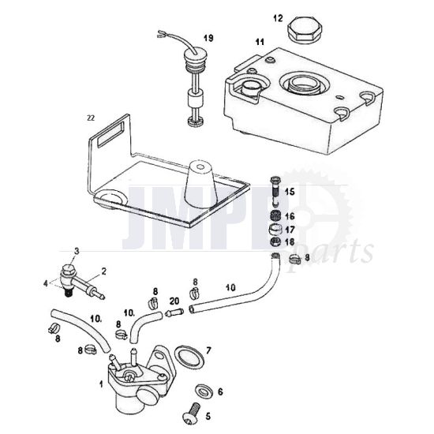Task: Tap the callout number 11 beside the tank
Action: [x=260, y=43]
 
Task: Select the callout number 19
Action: [x=208, y=38]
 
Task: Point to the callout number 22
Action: [x=91, y=118]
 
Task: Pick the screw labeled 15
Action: [x=275, y=191]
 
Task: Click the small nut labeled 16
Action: [x=275, y=215]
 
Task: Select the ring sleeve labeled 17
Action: [x=275, y=229]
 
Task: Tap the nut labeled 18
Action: [x=275, y=241]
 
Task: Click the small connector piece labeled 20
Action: [x=174, y=313]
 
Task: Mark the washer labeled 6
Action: [x=204, y=391]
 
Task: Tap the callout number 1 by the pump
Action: [x=101, y=384]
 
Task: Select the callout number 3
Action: [x=77, y=251]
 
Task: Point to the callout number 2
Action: [x=104, y=271]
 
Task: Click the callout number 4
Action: [x=46, y=284]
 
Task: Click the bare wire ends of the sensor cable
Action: [x=160, y=34]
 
